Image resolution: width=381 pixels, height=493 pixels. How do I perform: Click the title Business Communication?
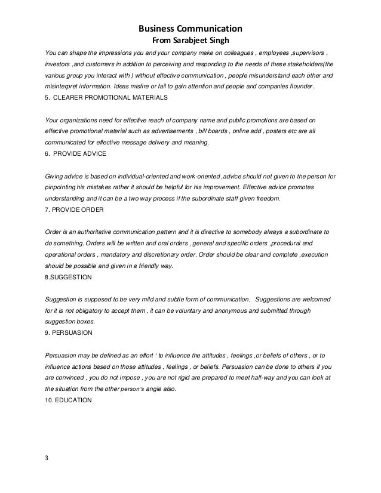pos(190,28)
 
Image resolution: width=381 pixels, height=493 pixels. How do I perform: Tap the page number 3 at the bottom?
pos(48,458)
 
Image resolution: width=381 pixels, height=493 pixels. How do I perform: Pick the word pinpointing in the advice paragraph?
pos(63,187)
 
